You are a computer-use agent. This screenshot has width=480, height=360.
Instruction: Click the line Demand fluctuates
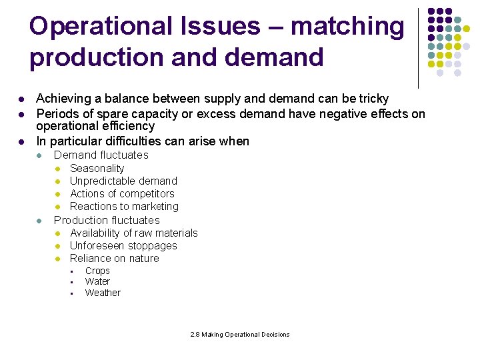point(101,155)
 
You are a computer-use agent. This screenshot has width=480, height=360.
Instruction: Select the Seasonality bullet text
point(97,168)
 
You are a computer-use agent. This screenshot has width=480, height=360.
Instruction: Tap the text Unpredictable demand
point(123,181)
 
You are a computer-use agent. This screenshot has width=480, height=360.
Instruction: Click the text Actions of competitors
point(122,194)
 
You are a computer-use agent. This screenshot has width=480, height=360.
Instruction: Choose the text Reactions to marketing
point(124,207)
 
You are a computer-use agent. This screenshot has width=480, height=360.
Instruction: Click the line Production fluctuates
point(107,220)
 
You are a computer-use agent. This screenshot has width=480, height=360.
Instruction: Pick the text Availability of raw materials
point(133,233)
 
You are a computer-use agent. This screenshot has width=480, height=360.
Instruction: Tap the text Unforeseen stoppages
point(123,245)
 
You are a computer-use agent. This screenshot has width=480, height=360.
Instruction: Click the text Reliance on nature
point(114,258)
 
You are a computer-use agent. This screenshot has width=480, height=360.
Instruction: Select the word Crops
point(97,271)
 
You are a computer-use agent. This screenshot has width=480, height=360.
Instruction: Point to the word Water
point(97,281)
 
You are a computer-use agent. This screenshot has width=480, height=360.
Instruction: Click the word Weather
point(103,293)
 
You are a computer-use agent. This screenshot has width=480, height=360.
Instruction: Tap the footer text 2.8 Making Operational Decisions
point(239,335)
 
